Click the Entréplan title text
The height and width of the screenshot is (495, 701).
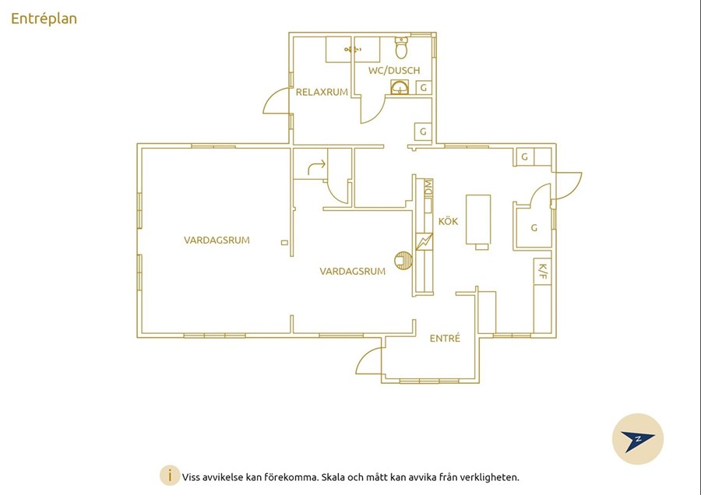point(44,19)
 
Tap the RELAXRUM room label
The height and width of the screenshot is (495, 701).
point(322,93)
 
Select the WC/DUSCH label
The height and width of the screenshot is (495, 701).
point(394,70)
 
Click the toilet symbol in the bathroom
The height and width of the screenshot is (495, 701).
point(401,47)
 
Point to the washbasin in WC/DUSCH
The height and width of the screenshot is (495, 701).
point(400,87)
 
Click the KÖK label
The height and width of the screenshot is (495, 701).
point(448,221)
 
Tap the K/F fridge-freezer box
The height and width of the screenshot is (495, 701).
point(542,271)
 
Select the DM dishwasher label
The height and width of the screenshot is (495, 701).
point(428,188)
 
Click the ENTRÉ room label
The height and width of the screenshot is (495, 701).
point(445,339)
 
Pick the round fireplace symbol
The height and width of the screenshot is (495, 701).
point(403,261)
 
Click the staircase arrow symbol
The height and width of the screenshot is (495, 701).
point(316,167)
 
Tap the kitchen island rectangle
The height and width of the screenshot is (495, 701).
point(478,219)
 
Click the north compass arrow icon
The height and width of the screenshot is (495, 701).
point(637,440)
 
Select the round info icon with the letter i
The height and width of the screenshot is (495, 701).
point(170,476)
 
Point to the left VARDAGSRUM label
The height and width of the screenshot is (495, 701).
point(217,240)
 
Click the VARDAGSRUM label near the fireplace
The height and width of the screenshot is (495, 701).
point(352,271)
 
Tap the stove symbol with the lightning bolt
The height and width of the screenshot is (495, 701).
point(424,242)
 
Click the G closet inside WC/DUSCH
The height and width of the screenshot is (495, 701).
point(424,88)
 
